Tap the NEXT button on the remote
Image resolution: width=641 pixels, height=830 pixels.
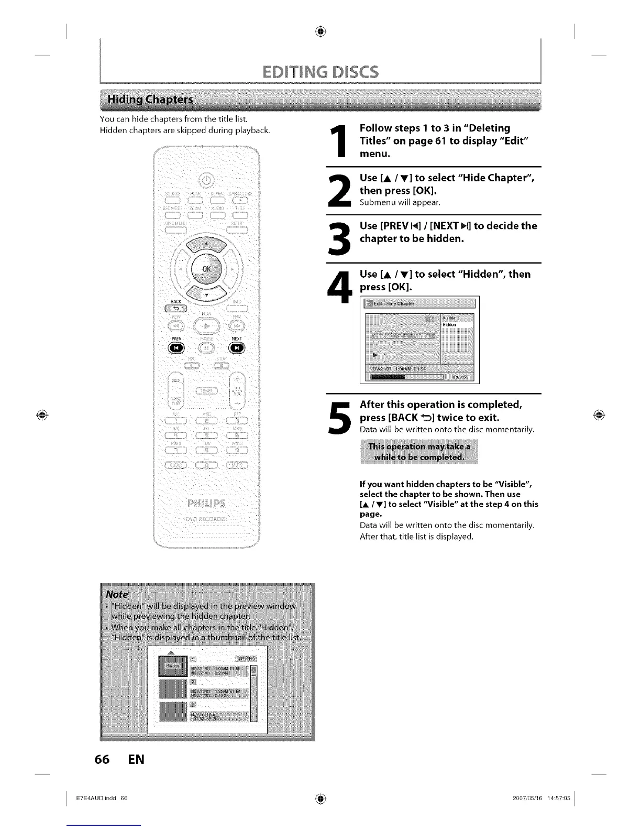coord(237,348)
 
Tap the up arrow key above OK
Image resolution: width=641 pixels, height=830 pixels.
coord(206,243)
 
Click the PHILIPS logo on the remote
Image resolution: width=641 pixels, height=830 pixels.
coord(206,504)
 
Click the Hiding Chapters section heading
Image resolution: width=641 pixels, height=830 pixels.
coord(150,100)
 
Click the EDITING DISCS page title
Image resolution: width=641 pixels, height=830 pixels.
coord(320,71)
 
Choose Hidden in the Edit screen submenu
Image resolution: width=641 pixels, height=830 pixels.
coord(450,325)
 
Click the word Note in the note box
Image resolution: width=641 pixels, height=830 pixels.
coord(117,594)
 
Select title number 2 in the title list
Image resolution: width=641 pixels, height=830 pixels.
coord(193,682)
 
